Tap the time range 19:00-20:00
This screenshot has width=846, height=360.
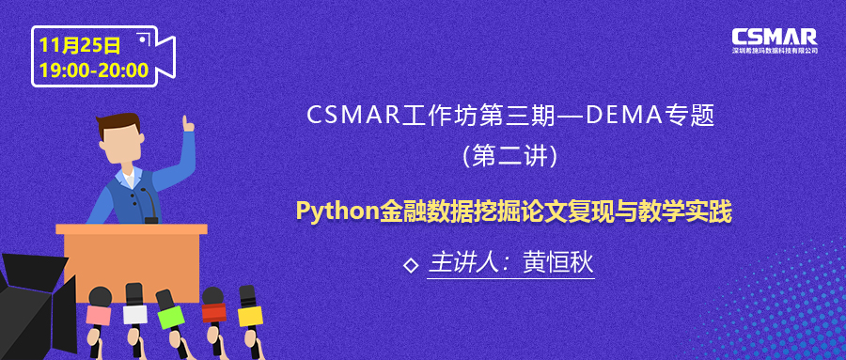tap(94, 70)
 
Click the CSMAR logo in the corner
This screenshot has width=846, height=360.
tap(775, 39)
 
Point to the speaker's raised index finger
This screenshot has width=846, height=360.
tap(187, 122)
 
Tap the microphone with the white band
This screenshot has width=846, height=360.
tap(135, 311)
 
